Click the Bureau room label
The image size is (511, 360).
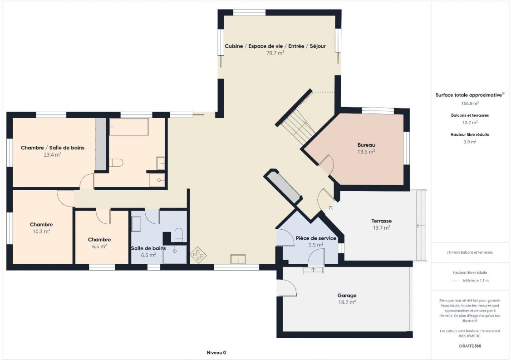[x=366, y=145]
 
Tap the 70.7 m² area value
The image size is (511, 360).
[x=275, y=53]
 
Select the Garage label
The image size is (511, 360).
[x=346, y=296]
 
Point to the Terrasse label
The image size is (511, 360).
[x=381, y=221]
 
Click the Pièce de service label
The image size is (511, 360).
[x=315, y=238]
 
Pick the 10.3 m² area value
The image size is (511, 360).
[x=41, y=231]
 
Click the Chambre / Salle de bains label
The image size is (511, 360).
[x=53, y=148]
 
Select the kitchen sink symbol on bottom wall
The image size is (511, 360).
[x=238, y=259]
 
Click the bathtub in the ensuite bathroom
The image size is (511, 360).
[x=129, y=128]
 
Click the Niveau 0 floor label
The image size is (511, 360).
[x=216, y=352]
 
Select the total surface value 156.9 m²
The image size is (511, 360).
[x=469, y=103]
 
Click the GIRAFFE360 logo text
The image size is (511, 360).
[x=469, y=346]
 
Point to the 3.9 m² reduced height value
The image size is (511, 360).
[x=469, y=142]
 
